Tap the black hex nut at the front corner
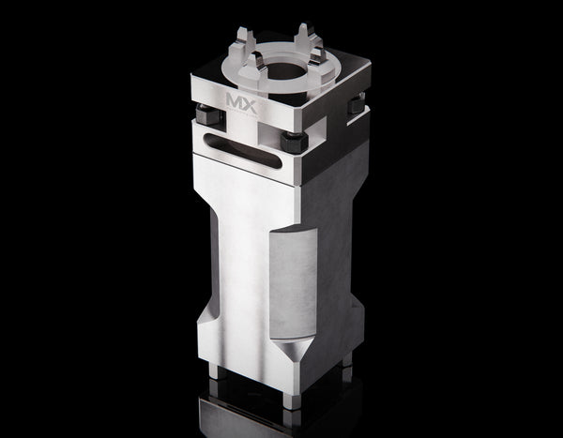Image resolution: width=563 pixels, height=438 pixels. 293,143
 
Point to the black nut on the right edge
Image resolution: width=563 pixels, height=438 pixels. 357,107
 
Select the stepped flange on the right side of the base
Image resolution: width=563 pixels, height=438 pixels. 359,324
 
